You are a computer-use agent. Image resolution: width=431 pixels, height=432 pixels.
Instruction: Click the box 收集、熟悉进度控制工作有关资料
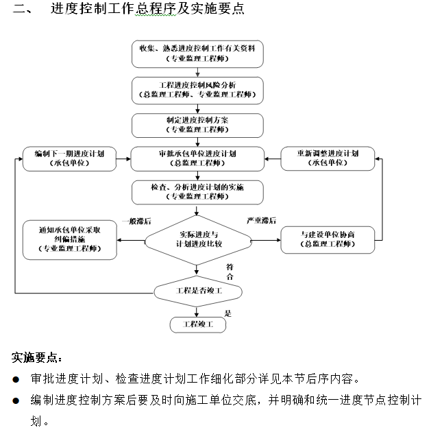click(197, 53)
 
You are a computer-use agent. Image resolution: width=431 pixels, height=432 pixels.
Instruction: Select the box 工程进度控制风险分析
click(197, 88)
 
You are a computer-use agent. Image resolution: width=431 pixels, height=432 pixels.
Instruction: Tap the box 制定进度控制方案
click(197, 124)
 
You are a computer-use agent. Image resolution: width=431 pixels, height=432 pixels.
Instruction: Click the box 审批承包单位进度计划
click(197, 158)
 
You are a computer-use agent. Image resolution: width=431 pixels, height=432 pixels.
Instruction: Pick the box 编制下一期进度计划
click(69, 158)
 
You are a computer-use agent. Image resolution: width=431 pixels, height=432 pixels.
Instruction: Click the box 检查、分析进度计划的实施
click(197, 191)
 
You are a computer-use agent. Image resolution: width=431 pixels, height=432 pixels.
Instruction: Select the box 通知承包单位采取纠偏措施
click(69, 240)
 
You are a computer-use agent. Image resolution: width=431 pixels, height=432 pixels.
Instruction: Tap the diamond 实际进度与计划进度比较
click(197, 239)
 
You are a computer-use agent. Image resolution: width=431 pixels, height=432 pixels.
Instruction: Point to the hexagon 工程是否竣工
click(197, 291)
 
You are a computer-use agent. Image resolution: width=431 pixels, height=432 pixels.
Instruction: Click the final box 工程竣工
click(197, 324)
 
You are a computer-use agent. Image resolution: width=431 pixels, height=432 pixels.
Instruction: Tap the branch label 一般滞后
click(136, 221)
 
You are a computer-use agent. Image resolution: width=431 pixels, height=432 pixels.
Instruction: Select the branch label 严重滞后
click(261, 221)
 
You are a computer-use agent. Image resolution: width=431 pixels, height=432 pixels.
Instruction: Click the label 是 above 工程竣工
click(228, 313)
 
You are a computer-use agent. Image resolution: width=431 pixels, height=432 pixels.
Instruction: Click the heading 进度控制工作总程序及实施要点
click(147, 10)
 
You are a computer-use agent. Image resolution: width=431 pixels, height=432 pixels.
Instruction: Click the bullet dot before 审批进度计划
click(16, 379)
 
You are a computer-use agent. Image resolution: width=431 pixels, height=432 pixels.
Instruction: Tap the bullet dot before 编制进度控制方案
click(16, 400)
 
